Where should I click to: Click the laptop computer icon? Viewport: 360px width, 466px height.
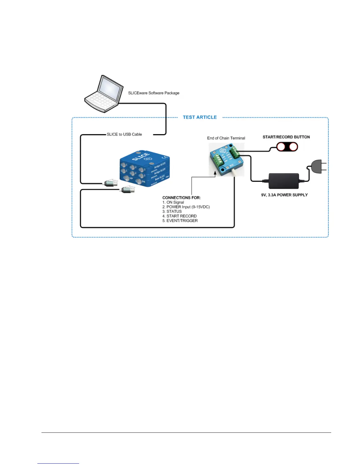pyautogui.click(x=104, y=93)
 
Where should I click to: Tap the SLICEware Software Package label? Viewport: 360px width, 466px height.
pyautogui.click(x=154, y=93)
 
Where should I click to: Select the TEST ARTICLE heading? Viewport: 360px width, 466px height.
pyautogui.click(x=200, y=117)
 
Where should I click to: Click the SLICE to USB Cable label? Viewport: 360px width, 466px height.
pyautogui.click(x=124, y=134)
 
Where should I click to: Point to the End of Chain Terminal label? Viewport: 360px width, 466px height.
pyautogui.click(x=226, y=138)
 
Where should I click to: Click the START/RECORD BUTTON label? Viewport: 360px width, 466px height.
pyautogui.click(x=286, y=137)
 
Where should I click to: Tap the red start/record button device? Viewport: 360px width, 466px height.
pyautogui.click(x=287, y=147)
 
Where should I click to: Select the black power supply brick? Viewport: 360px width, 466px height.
pyautogui.click(x=284, y=181)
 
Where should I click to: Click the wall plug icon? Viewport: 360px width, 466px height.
pyautogui.click(x=318, y=167)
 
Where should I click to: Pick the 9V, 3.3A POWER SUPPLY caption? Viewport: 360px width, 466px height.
pyautogui.click(x=284, y=195)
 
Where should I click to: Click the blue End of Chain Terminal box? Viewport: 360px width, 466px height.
pyautogui.click(x=226, y=160)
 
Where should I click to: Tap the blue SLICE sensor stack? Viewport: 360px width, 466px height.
pyautogui.click(x=145, y=169)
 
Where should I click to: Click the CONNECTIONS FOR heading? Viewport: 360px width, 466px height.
pyautogui.click(x=181, y=198)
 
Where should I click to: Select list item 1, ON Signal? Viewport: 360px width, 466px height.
pyautogui.click(x=173, y=202)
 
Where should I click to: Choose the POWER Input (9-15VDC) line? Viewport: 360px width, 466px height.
pyautogui.click(x=186, y=207)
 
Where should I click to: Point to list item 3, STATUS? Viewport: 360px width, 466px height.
pyautogui.click(x=172, y=212)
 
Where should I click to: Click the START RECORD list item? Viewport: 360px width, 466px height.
pyautogui.click(x=179, y=216)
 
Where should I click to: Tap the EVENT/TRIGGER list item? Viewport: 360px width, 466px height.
pyautogui.click(x=180, y=221)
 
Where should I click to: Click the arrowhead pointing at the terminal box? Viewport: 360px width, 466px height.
pyautogui.click(x=215, y=173)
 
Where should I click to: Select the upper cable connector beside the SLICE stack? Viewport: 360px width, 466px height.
pyautogui.click(x=111, y=183)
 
